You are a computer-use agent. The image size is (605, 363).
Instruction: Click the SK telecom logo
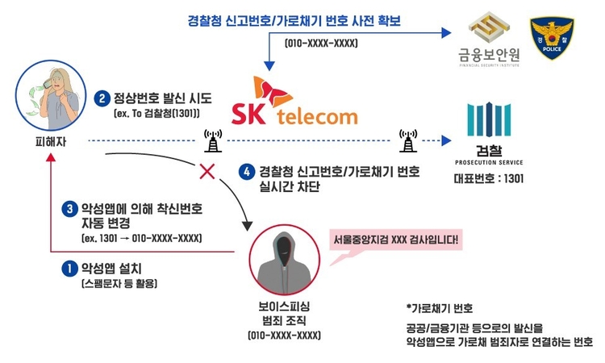coord(294,101)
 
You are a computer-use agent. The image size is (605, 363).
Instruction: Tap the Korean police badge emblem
coord(552,38)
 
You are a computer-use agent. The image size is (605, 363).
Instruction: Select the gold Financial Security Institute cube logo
coord(489,27)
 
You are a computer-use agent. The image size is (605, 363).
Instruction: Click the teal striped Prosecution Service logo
coord(489,119)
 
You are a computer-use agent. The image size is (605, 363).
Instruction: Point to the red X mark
coord(207,171)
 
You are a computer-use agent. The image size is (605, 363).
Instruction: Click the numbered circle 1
coord(70,269)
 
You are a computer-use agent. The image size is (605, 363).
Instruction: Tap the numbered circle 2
coord(102,98)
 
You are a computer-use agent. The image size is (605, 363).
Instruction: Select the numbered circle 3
coord(70,209)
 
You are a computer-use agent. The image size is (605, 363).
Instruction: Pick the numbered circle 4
coord(247,172)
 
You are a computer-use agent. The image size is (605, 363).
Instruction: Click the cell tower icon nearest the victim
coord(213,141)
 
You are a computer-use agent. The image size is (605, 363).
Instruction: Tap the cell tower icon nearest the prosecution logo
coord(408,141)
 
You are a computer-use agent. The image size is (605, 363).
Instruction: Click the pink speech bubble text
coord(396,240)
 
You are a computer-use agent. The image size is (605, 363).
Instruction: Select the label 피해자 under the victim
coord(51,142)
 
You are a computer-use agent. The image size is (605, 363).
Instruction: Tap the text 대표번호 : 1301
coord(489,178)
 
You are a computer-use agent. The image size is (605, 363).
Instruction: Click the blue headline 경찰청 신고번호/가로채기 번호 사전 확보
coord(294,20)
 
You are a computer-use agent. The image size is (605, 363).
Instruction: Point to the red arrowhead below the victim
coord(51,157)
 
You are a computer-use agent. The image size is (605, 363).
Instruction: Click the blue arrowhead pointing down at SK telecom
coord(269,66)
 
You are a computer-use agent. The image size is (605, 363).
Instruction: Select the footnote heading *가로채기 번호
coord(440,308)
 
